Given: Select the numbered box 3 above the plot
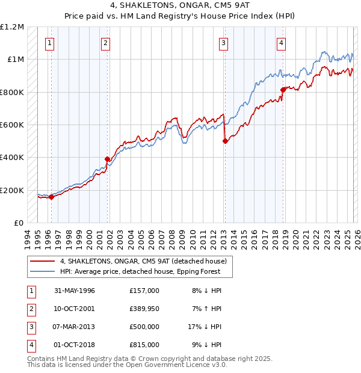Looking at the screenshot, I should [223, 43].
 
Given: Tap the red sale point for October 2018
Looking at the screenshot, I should [283, 90].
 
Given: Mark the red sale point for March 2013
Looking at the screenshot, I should [224, 141].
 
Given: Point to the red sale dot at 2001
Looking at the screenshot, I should [108, 159].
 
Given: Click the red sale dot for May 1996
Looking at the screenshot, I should [51, 197].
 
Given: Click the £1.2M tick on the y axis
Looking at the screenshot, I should [12, 27].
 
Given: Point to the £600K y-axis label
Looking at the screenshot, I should [12, 125].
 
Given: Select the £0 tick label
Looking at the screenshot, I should [18, 223].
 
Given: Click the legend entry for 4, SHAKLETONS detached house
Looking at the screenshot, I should [143, 261].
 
